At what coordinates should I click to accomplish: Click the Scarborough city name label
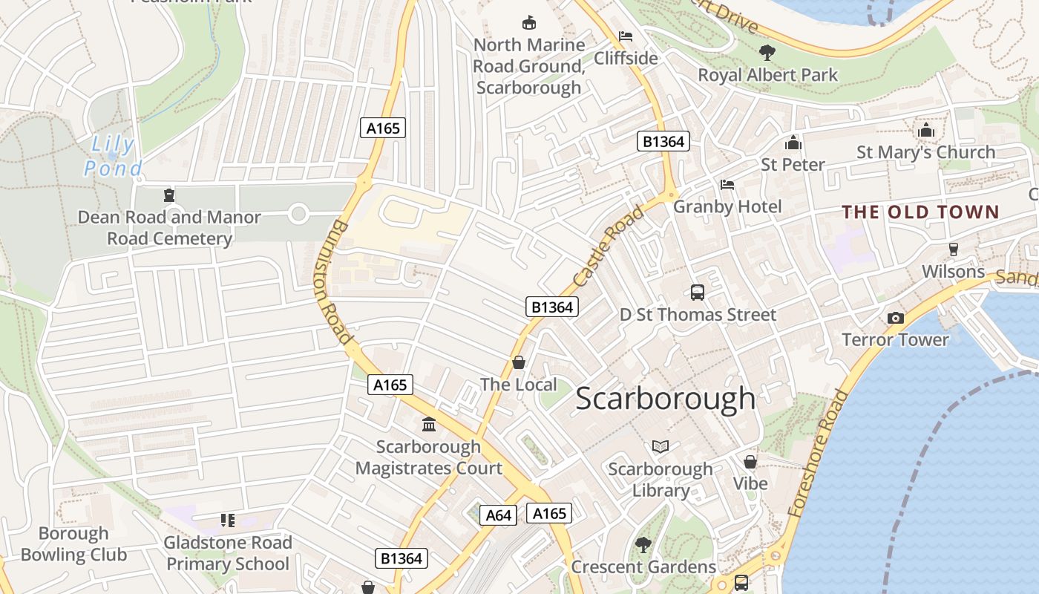665,399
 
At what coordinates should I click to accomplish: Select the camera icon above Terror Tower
896,318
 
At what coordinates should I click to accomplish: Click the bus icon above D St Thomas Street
698,293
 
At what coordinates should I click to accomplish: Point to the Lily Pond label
113,157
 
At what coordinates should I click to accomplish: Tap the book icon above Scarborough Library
661,446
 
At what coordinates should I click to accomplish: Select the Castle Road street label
609,248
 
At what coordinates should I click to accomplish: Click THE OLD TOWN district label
920,212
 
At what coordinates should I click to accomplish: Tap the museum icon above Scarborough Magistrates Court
429,425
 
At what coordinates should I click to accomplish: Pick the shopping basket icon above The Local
519,362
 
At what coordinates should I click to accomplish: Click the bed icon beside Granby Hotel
727,184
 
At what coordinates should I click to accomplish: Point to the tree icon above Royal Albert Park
767,53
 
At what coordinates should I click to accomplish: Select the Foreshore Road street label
819,454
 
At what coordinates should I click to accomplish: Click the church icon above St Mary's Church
925,131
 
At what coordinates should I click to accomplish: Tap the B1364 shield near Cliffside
663,141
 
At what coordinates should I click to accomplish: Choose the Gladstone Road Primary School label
228,553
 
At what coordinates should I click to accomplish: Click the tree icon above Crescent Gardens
643,545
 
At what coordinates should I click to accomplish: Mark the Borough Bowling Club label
73,544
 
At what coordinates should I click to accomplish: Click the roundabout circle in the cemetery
298,215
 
